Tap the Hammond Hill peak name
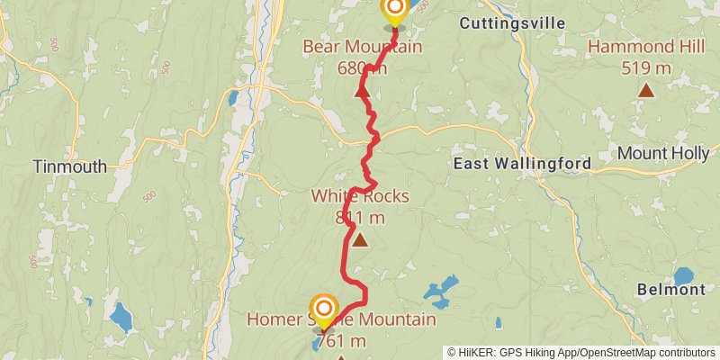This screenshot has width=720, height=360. tap(646, 47)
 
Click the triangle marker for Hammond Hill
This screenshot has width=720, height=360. tap(646, 89)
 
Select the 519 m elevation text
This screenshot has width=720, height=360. tap(646, 67)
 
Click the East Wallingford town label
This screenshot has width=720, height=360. tap(522, 164)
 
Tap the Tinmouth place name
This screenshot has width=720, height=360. tap(69, 166)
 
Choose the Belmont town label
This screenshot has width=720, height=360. tap(670, 290)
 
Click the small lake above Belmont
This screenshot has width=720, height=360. tap(684, 275)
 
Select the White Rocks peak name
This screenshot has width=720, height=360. tap(360, 196)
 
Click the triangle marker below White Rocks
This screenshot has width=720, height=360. tap(360, 239)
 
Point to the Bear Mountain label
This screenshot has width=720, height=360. tap(362, 47)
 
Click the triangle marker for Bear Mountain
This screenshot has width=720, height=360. tap(362, 91)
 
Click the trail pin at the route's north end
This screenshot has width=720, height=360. tap(394, 11)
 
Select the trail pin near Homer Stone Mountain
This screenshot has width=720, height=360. tap(322, 310)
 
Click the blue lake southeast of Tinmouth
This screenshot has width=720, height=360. tap(118, 316)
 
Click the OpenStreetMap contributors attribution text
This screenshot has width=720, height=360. tap(645, 353)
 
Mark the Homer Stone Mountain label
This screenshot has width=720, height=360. tap(341, 319)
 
